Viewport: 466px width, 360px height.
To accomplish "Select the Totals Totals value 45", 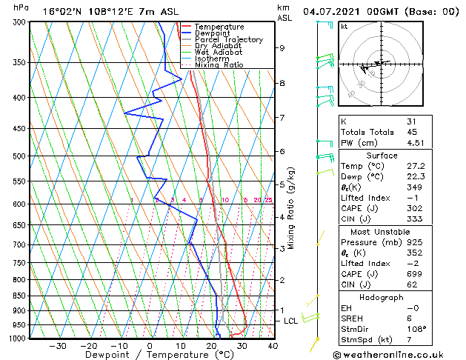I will click(x=412, y=133).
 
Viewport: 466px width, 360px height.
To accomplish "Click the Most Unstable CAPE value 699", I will click(x=414, y=275).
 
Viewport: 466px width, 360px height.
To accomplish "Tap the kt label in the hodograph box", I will click(x=344, y=27).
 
